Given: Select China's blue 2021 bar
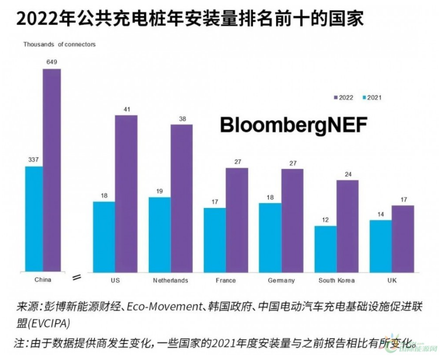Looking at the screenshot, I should (34, 219).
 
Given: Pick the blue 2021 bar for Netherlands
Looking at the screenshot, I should (159, 234).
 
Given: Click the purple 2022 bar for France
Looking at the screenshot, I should (237, 219).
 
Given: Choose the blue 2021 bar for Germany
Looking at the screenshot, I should (270, 237).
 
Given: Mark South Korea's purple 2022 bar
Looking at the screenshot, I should (347, 226).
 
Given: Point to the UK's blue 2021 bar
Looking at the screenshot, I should (380, 245).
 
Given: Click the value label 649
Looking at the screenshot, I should (52, 62).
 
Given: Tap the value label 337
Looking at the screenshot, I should (34, 159).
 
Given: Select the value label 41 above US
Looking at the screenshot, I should (126, 109).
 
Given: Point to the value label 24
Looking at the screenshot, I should (347, 174).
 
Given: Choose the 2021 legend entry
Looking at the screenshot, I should (372, 98).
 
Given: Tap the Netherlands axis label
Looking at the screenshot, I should (171, 280).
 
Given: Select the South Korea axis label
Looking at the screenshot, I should (336, 280).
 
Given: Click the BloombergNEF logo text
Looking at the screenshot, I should (293, 125).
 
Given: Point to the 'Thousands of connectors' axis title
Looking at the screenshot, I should (59, 44).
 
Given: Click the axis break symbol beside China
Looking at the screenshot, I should (76, 277).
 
